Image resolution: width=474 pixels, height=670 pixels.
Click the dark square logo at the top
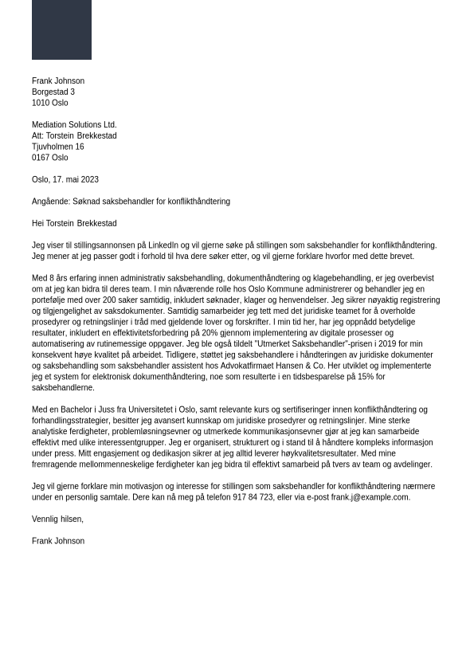61,29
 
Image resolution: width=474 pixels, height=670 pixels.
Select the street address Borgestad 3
53,92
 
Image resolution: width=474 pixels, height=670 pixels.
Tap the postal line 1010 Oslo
50,103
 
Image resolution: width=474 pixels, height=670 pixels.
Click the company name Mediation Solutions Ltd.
74,125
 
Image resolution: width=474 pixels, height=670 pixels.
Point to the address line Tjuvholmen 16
57,147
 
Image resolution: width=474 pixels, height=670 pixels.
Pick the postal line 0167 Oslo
50,158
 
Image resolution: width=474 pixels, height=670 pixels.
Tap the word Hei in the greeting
37,224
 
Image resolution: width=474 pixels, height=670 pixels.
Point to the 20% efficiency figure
210,333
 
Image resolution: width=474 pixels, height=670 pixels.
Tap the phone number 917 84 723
253,497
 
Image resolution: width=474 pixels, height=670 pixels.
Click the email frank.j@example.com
370,497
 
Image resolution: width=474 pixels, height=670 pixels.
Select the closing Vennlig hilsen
57,519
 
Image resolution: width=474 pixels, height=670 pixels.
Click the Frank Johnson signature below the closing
58,541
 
